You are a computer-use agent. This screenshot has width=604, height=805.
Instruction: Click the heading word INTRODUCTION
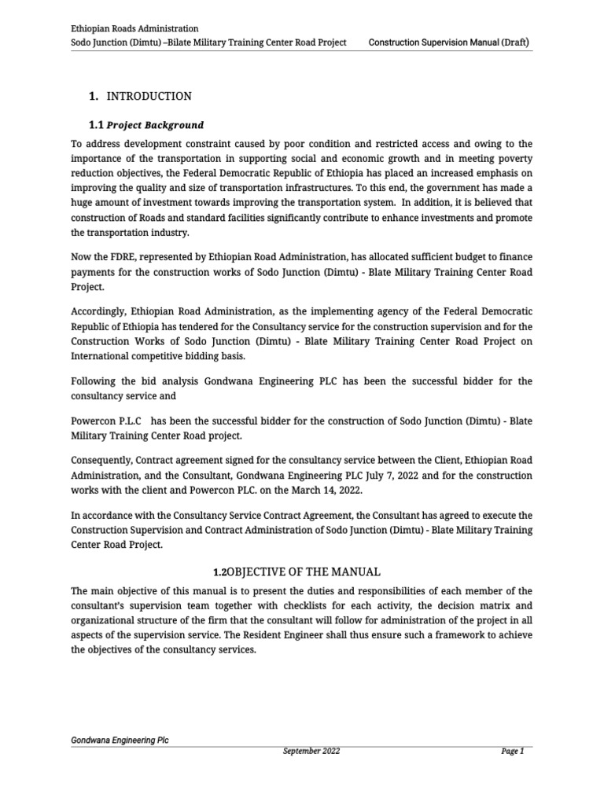[149, 96]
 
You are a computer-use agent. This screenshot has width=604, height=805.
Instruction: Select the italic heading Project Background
[155, 125]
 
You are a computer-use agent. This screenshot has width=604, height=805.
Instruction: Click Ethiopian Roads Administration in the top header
[134, 28]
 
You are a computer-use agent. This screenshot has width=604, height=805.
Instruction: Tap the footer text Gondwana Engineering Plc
[120, 741]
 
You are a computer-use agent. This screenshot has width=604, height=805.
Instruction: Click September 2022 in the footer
[311, 752]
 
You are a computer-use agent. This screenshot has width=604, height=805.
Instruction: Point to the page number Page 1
[512, 752]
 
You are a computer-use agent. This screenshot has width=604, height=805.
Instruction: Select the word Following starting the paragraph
[94, 381]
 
